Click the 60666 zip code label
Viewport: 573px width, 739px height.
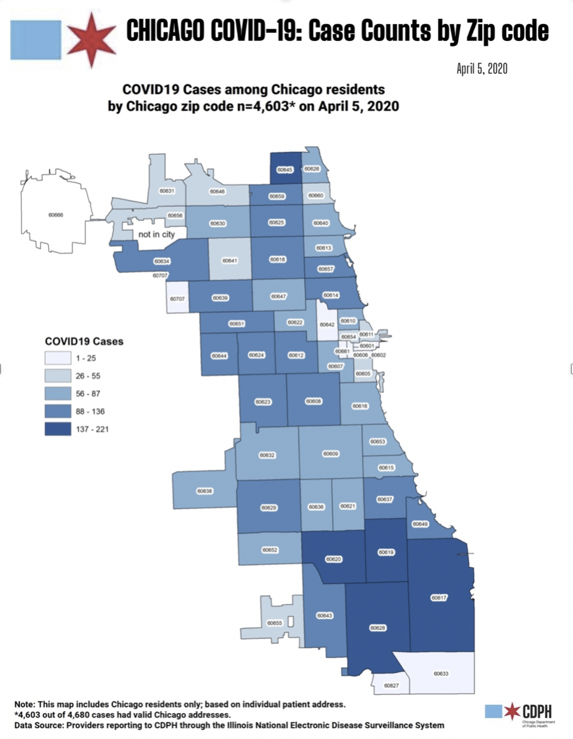click(56, 214)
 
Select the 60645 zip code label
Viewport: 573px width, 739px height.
click(285, 169)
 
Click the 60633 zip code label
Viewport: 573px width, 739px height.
click(441, 674)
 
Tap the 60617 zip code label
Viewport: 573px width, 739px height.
click(439, 597)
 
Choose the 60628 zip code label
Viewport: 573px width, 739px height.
click(377, 628)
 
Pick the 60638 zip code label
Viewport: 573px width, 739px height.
click(204, 491)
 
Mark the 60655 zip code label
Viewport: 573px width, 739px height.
click(275, 624)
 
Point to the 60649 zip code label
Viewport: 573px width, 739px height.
click(420, 524)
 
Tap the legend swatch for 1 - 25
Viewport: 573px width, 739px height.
click(57, 358)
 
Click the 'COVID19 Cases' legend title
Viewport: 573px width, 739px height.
click(84, 341)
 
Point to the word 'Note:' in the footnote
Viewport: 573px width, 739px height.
click(26, 703)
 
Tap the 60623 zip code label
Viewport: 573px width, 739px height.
click(263, 402)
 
